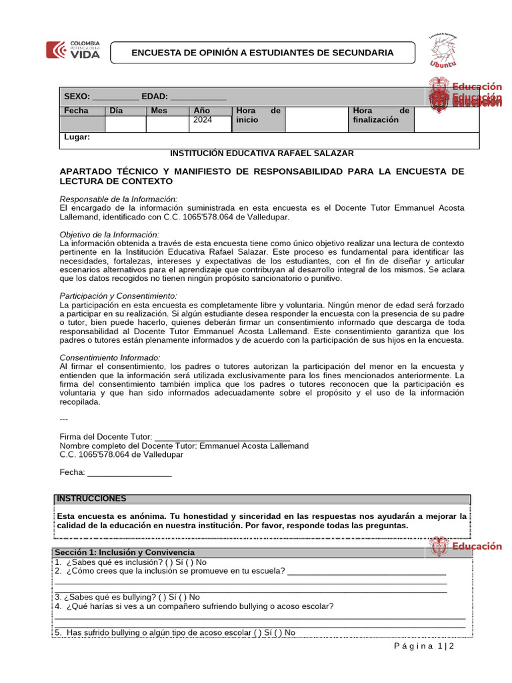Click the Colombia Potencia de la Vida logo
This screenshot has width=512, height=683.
(73, 51)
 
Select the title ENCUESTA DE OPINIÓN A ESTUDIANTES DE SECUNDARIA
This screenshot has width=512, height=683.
(262, 53)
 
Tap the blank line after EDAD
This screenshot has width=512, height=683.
(198, 97)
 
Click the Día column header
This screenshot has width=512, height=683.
(117, 111)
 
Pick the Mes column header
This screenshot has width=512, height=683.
(159, 111)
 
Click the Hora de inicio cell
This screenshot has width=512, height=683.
(257, 115)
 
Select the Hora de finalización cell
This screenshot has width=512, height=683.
(380, 115)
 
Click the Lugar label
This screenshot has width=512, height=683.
(77, 137)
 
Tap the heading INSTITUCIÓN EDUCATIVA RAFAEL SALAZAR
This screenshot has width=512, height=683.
(262, 153)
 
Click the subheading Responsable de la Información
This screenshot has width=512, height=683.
(119, 199)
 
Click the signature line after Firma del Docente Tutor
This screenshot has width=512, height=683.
(222, 437)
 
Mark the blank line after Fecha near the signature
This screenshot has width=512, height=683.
(129, 472)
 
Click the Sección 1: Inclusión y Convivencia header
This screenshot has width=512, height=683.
(125, 552)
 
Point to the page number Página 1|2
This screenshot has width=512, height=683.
(423, 646)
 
